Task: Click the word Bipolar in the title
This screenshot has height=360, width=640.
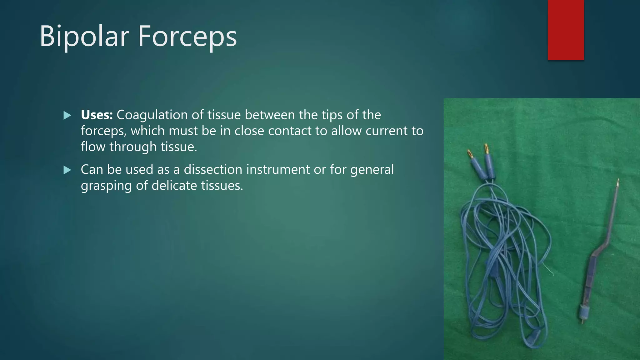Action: tap(84, 37)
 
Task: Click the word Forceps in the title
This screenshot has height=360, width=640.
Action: tap(187, 37)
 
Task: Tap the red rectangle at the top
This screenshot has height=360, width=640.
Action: tap(566, 30)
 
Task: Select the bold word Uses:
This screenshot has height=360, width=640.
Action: tap(97, 115)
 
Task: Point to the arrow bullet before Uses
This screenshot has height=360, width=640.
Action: tap(67, 116)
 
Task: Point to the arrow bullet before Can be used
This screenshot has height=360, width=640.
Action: tap(67, 170)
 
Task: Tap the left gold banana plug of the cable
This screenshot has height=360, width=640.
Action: tap(469, 154)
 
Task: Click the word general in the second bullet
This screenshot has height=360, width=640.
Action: tap(372, 170)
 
